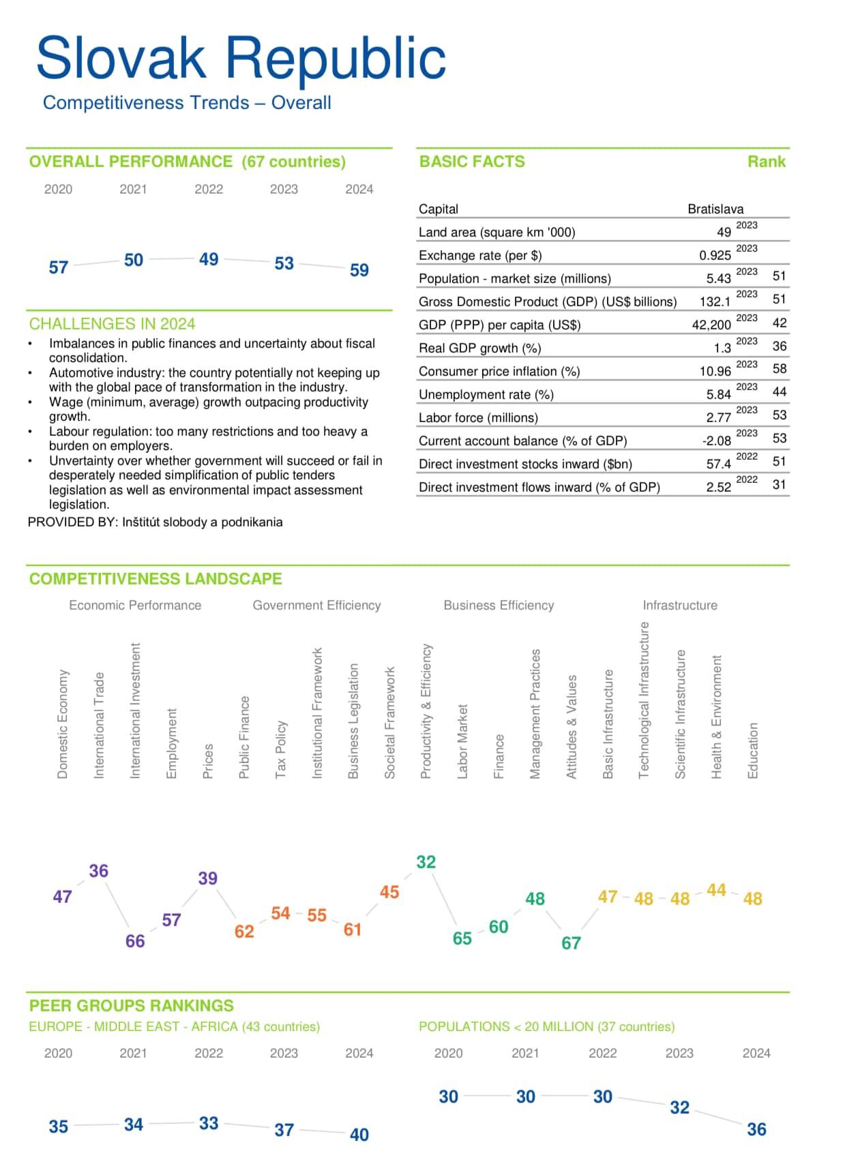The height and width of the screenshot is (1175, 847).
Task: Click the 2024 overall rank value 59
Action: pos(359,270)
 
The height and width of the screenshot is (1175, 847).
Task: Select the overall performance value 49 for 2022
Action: pos(209,259)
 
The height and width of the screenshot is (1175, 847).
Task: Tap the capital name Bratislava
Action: pos(715,209)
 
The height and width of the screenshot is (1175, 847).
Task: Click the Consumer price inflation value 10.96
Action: pos(715,371)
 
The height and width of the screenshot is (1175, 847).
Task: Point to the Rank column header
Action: pos(767,162)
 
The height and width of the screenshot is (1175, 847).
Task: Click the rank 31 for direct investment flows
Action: pos(779,485)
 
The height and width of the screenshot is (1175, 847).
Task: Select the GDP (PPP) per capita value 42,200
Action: pos(711,325)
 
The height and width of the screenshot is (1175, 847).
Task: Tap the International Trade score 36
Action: pos(99,871)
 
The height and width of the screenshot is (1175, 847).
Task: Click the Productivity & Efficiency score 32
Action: pos(426,862)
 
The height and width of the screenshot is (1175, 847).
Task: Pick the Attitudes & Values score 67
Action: pos(571,943)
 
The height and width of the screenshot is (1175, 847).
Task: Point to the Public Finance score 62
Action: pos(244,932)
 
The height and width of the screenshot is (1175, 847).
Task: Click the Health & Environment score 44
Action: pos(716,890)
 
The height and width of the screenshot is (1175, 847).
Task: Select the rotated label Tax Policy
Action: pos(280,749)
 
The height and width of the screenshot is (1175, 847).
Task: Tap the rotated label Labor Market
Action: pos(462,741)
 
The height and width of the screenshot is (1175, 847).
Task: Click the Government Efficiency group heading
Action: pos(316,605)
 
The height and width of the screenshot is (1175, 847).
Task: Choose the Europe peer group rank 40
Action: pos(359,1135)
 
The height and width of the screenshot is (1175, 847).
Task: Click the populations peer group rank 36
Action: pos(756,1129)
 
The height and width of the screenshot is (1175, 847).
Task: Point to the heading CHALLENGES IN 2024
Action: pos(112,323)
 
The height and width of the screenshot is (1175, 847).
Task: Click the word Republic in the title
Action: pos(336,57)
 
